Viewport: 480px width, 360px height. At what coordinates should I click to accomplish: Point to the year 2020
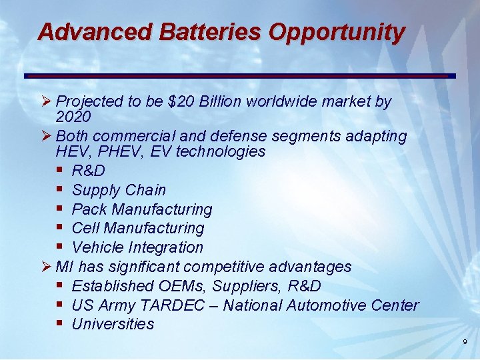coord(73,117)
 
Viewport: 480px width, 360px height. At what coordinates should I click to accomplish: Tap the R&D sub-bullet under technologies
coord(88,171)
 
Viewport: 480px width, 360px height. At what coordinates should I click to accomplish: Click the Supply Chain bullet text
coord(119,190)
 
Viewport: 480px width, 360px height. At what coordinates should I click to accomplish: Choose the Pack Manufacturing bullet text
coord(141,209)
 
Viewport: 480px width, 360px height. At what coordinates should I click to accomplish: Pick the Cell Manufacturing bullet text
coord(137,228)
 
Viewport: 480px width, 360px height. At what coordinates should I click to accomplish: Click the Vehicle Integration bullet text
coord(137,247)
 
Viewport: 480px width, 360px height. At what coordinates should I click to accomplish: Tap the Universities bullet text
coord(113,324)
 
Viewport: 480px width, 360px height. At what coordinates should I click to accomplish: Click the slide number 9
coord(465,342)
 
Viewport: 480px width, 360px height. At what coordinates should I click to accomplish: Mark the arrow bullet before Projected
coord(46,101)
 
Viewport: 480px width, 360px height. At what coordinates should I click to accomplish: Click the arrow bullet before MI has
coord(46,267)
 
